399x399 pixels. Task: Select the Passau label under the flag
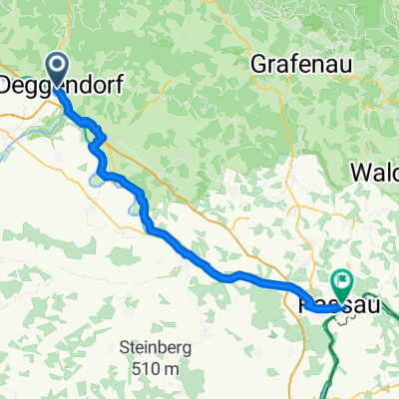339,298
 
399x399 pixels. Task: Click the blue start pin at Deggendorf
56,68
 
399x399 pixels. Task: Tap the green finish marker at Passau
343,284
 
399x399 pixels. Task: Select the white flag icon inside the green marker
343,283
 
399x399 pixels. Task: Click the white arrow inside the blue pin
56,67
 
